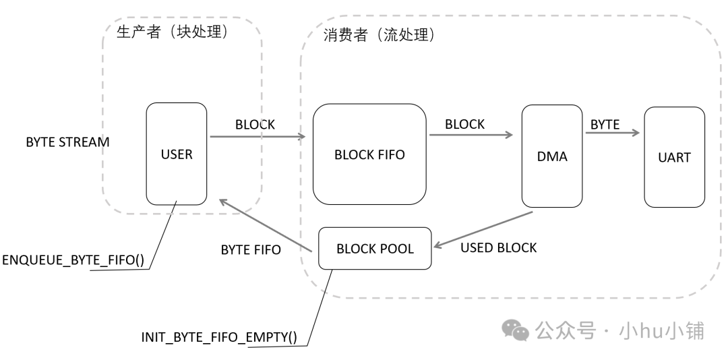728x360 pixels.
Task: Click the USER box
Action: [177, 154]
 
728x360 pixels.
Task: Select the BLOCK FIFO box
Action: [369, 154]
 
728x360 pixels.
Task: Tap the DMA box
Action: [552, 156]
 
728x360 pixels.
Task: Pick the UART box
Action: [675, 156]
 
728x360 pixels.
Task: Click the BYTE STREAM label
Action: [67, 143]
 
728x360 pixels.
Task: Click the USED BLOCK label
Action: [498, 247]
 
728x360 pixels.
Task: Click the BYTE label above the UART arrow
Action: [605, 124]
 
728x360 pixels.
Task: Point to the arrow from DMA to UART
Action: [612, 133]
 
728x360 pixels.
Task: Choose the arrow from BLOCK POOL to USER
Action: [266, 226]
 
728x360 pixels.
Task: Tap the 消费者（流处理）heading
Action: [379, 36]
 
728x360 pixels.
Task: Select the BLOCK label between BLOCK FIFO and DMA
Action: [464, 124]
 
